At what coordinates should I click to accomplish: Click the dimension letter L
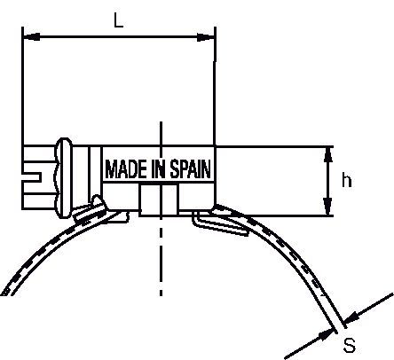pyautogui.click(x=119, y=20)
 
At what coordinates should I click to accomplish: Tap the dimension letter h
pyautogui.click(x=347, y=180)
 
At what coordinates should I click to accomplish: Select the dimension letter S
pyautogui.click(x=350, y=345)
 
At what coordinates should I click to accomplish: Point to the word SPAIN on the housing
pyautogui.click(x=191, y=169)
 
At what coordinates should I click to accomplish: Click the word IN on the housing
pyautogui.click(x=159, y=169)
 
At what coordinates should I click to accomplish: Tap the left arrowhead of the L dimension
pyautogui.click(x=31, y=37)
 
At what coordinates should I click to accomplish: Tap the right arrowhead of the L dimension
pyautogui.click(x=206, y=37)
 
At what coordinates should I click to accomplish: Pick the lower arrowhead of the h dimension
pyautogui.click(x=327, y=207)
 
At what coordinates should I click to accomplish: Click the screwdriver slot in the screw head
pyautogui.click(x=32, y=176)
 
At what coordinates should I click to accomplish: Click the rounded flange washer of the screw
pyautogui.click(x=65, y=178)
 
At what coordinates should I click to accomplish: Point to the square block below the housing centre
pyautogui.click(x=159, y=200)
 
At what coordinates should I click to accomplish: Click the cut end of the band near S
pyautogui.click(x=340, y=325)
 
